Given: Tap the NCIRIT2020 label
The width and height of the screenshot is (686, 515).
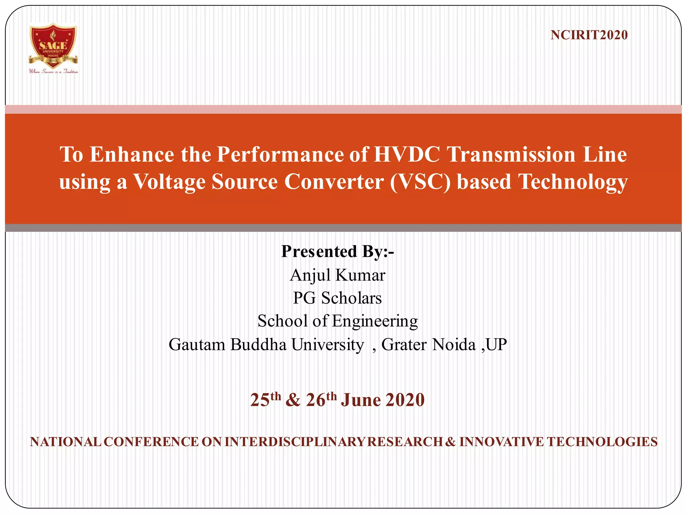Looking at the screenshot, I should tap(589, 35).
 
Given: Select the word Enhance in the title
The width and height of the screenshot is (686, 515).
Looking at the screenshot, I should tap(132, 155).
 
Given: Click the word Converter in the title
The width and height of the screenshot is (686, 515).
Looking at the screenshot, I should tap(334, 182).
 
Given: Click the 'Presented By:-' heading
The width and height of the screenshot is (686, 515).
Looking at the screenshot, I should tap(338, 251).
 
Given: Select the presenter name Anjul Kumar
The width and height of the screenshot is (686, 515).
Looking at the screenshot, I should tap(338, 275).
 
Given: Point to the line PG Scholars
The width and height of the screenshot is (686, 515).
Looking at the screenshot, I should tap(338, 298).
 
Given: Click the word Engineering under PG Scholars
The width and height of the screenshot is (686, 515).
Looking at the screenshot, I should tap(375, 321).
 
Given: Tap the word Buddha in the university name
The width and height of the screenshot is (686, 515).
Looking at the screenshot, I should tap(258, 344).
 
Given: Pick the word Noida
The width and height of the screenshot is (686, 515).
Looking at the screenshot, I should tap(454, 344).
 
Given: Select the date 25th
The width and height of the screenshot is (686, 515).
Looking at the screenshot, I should tap(265, 399).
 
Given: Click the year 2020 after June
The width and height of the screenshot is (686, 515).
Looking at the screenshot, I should tap(405, 400).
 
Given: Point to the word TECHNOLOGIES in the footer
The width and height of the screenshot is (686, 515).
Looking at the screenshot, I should tap(602, 442).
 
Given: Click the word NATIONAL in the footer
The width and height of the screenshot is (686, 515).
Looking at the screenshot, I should tap(66, 442).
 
